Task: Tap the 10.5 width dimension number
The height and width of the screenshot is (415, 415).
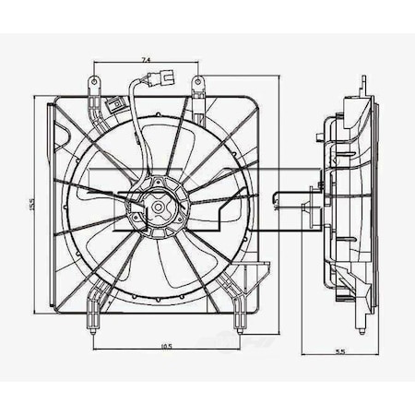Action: pyautogui.click(x=166, y=346)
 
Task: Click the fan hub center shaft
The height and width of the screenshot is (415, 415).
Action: pyautogui.click(x=158, y=207)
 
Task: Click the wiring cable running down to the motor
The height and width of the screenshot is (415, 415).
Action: pyautogui.click(x=134, y=129)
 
